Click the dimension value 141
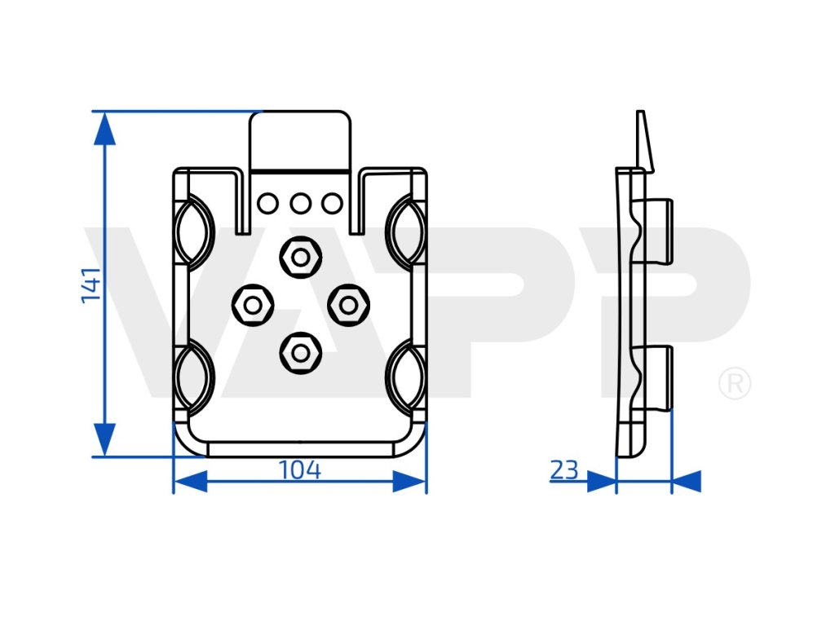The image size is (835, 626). (x=91, y=284)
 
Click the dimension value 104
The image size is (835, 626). (x=300, y=470)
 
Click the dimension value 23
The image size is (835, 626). (x=564, y=470)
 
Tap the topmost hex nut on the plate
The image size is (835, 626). (x=300, y=258)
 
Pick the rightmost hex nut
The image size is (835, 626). (x=349, y=305)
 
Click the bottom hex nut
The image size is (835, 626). (x=300, y=352)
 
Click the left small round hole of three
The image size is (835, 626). (x=267, y=202)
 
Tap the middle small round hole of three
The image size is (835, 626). (x=300, y=202)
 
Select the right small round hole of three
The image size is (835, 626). (x=332, y=202)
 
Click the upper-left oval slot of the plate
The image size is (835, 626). (x=192, y=232)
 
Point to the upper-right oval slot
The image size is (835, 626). (x=407, y=232)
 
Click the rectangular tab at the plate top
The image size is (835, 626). (x=300, y=140)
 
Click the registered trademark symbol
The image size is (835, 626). (x=734, y=384)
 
